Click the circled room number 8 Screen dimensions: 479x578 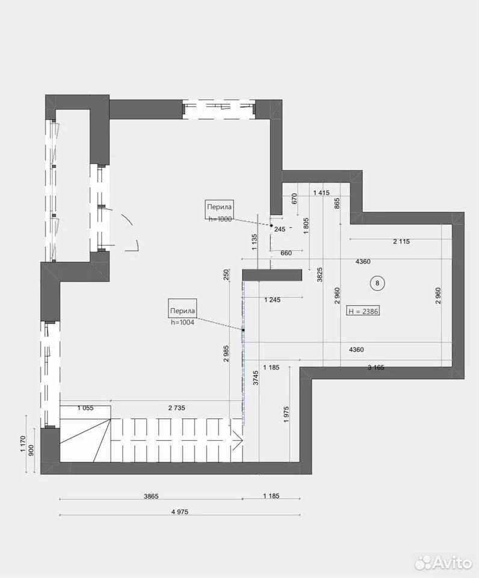(x=377, y=283)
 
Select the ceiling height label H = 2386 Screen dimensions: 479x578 (x=363, y=311)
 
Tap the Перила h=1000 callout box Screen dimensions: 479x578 (x=219, y=211)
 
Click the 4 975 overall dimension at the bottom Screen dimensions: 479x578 (x=180, y=512)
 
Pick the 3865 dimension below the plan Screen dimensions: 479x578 (x=151, y=496)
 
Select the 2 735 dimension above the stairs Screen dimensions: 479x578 (x=176, y=408)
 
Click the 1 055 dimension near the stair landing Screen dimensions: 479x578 (x=85, y=408)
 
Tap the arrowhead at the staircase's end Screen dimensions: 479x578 (x=237, y=440)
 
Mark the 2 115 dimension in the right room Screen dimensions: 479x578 (x=401, y=241)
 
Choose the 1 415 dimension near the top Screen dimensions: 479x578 (x=321, y=193)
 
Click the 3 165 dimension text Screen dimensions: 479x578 (x=376, y=367)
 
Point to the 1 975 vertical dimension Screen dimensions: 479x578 (x=287, y=414)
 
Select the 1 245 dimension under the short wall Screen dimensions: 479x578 (x=272, y=300)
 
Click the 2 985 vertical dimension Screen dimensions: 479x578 (x=226, y=354)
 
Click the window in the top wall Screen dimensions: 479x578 (x=219, y=109)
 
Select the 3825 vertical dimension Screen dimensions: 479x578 (x=320, y=275)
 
